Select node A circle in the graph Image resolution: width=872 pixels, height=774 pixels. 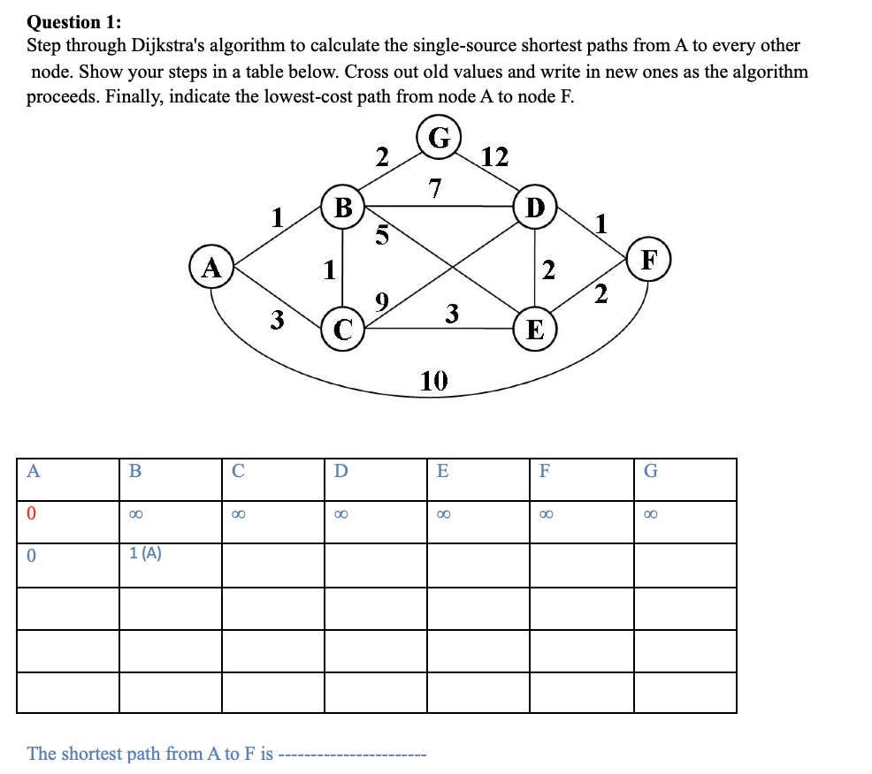(x=210, y=266)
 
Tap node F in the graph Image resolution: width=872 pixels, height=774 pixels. (x=650, y=261)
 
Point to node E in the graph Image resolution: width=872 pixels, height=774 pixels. (x=534, y=330)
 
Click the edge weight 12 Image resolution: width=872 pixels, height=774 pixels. (x=494, y=157)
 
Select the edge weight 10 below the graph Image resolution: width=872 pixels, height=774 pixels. (x=434, y=381)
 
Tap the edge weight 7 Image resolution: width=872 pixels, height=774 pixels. (x=433, y=187)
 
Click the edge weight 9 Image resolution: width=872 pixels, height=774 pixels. (x=380, y=304)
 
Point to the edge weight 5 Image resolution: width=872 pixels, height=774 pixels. (x=382, y=236)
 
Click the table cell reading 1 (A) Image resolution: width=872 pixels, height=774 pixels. (x=145, y=554)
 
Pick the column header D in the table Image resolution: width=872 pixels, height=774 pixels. (x=341, y=471)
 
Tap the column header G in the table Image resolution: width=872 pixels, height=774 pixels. (x=651, y=471)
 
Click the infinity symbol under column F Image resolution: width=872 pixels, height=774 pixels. (x=546, y=513)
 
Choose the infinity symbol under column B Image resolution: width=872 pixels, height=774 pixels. (x=135, y=513)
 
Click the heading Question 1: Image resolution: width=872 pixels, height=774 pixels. (x=75, y=21)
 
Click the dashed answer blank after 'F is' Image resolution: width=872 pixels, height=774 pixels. (x=354, y=755)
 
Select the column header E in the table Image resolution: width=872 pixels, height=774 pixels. (x=443, y=471)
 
